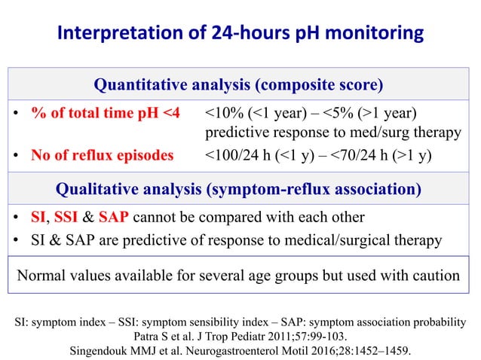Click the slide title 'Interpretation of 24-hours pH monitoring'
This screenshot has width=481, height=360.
coord(240,34)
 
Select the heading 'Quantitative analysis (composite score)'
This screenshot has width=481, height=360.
coord(240,83)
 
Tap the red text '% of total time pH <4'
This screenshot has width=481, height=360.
coord(106,113)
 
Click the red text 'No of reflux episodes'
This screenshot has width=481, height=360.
coord(102,155)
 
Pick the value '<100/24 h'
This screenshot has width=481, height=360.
coord(237,155)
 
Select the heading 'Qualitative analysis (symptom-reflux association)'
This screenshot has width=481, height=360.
coord(240,187)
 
